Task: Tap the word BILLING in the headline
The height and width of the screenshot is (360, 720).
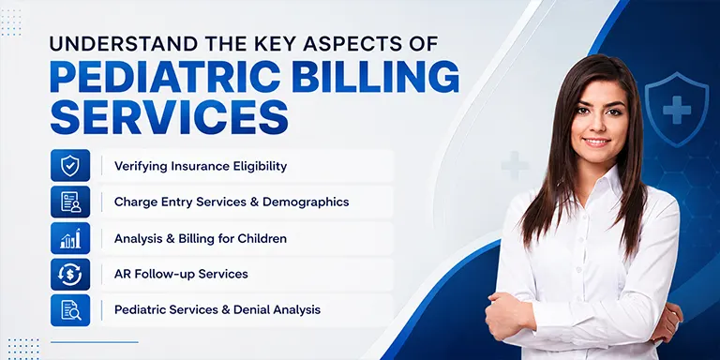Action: pyautogui.click(x=375, y=76)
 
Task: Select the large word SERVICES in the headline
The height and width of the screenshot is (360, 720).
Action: pyautogui.click(x=169, y=117)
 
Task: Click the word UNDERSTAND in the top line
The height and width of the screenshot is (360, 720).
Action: pyautogui.click(x=125, y=43)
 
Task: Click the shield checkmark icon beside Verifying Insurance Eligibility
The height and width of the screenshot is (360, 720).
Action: pyautogui.click(x=70, y=165)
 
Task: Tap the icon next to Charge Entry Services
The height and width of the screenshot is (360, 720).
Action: pyautogui.click(x=70, y=202)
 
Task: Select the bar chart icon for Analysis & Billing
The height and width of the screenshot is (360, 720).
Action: pyautogui.click(x=70, y=238)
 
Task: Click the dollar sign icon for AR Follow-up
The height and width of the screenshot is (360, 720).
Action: pyautogui.click(x=70, y=274)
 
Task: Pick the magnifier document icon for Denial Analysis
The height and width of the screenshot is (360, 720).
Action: pyautogui.click(x=70, y=310)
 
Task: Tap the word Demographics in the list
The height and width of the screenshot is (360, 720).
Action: pyautogui.click(x=306, y=202)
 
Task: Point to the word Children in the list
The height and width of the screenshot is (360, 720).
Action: pyautogui.click(x=262, y=239)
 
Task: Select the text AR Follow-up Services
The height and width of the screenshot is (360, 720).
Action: pyautogui.click(x=181, y=274)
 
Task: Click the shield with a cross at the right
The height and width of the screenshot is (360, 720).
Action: pyautogui.click(x=676, y=109)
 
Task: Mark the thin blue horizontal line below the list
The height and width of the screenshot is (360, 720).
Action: pyautogui.click(x=94, y=342)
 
